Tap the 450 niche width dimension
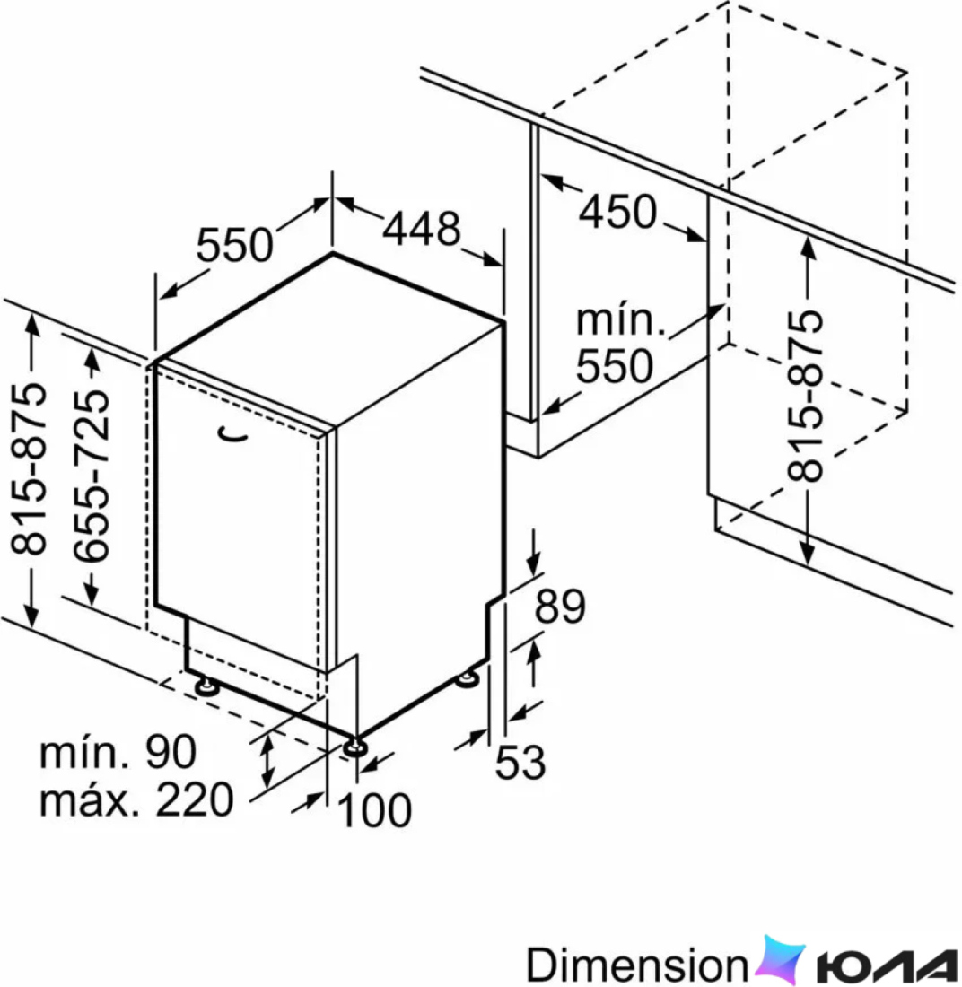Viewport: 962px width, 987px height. tap(617, 211)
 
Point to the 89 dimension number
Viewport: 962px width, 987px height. tap(560, 606)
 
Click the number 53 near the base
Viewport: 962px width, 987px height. tap(520, 763)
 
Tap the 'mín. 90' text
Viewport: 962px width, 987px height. tap(118, 752)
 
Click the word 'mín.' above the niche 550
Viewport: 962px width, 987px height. tap(621, 319)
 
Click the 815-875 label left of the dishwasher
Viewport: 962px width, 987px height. tap(29, 468)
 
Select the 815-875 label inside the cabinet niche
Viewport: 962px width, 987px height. tap(805, 396)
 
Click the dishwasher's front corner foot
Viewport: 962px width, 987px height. tap(355, 747)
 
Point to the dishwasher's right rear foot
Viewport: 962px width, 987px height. tap(467, 678)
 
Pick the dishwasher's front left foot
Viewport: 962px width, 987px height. tap(206, 686)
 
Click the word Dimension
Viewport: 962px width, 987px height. tap(636, 964)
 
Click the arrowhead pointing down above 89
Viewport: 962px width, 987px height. tap(535, 562)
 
